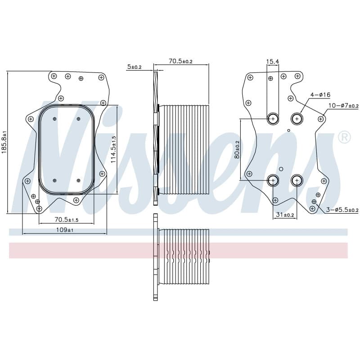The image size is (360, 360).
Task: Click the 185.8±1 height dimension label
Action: click(x=4, y=142)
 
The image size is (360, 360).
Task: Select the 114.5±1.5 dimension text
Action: click(x=113, y=149)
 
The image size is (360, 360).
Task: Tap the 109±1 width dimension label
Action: click(x=65, y=230)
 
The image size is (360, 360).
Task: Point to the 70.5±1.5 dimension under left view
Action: click(x=67, y=220)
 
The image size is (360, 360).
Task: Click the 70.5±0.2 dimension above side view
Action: click(x=181, y=61)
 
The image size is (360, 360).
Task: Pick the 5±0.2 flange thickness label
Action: click(x=135, y=67)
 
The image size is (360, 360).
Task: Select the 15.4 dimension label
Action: click(x=273, y=61)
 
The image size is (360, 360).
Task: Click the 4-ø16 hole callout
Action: click(x=320, y=94)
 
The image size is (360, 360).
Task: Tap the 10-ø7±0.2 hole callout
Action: click(x=343, y=106)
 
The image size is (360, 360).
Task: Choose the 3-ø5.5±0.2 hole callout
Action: click(x=342, y=210)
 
